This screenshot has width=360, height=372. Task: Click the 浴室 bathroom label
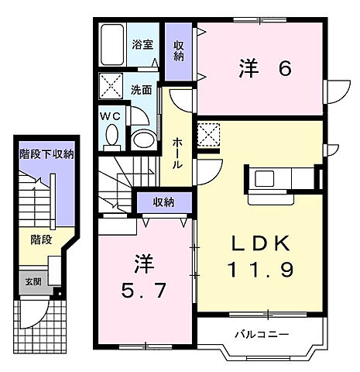(x=142, y=45)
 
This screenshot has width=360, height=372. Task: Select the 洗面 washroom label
(x=141, y=89)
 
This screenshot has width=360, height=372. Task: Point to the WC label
(x=108, y=116)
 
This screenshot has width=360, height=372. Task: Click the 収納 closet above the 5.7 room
(x=163, y=202)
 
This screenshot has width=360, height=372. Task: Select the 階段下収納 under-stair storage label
(x=46, y=154)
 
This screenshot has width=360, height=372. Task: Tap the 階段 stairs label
(x=42, y=239)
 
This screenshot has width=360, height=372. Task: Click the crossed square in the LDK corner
(x=207, y=135)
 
